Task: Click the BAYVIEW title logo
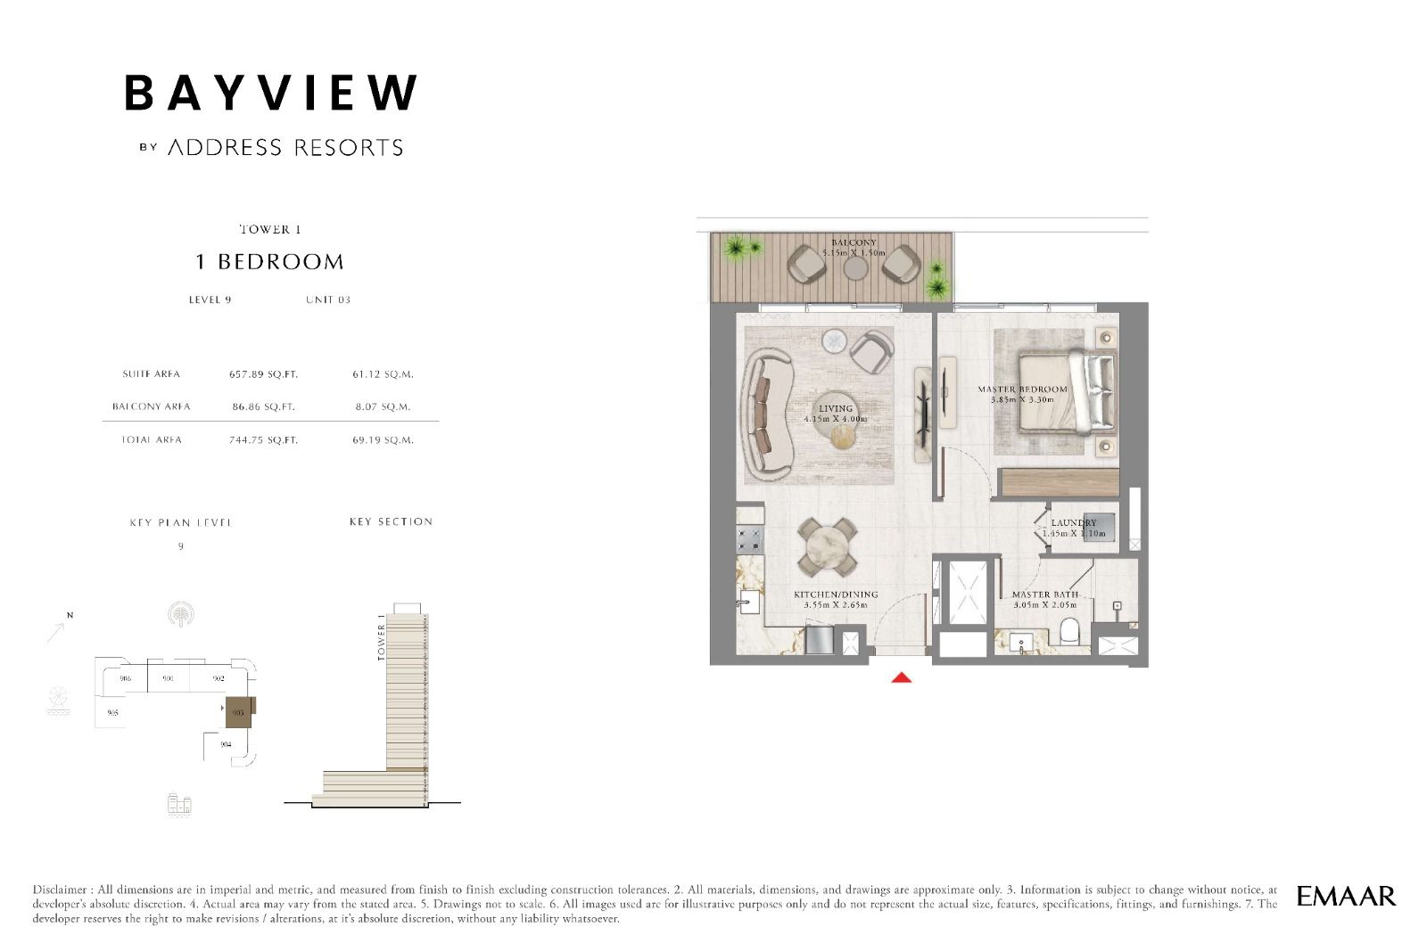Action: pyautogui.click(x=270, y=93)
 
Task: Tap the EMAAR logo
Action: pyautogui.click(x=1346, y=896)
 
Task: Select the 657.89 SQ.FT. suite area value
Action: pyautogui.click(x=263, y=374)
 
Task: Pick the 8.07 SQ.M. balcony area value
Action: pyautogui.click(x=383, y=406)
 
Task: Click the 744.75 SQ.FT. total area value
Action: pyautogui.click(x=263, y=440)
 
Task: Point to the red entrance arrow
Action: pyautogui.click(x=902, y=678)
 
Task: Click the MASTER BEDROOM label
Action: pyautogui.click(x=1022, y=389)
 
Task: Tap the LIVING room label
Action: pyautogui.click(x=836, y=409)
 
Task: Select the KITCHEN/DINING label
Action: pyautogui.click(x=836, y=594)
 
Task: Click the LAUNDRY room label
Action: pyautogui.click(x=1073, y=523)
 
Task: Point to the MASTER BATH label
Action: pyautogui.click(x=1044, y=594)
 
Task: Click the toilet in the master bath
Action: pyautogui.click(x=1069, y=632)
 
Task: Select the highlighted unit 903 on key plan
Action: pyautogui.click(x=238, y=712)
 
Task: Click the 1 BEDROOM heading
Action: pyautogui.click(x=269, y=262)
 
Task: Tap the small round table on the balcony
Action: pyautogui.click(x=855, y=267)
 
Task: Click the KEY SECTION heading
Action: pyautogui.click(x=391, y=521)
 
